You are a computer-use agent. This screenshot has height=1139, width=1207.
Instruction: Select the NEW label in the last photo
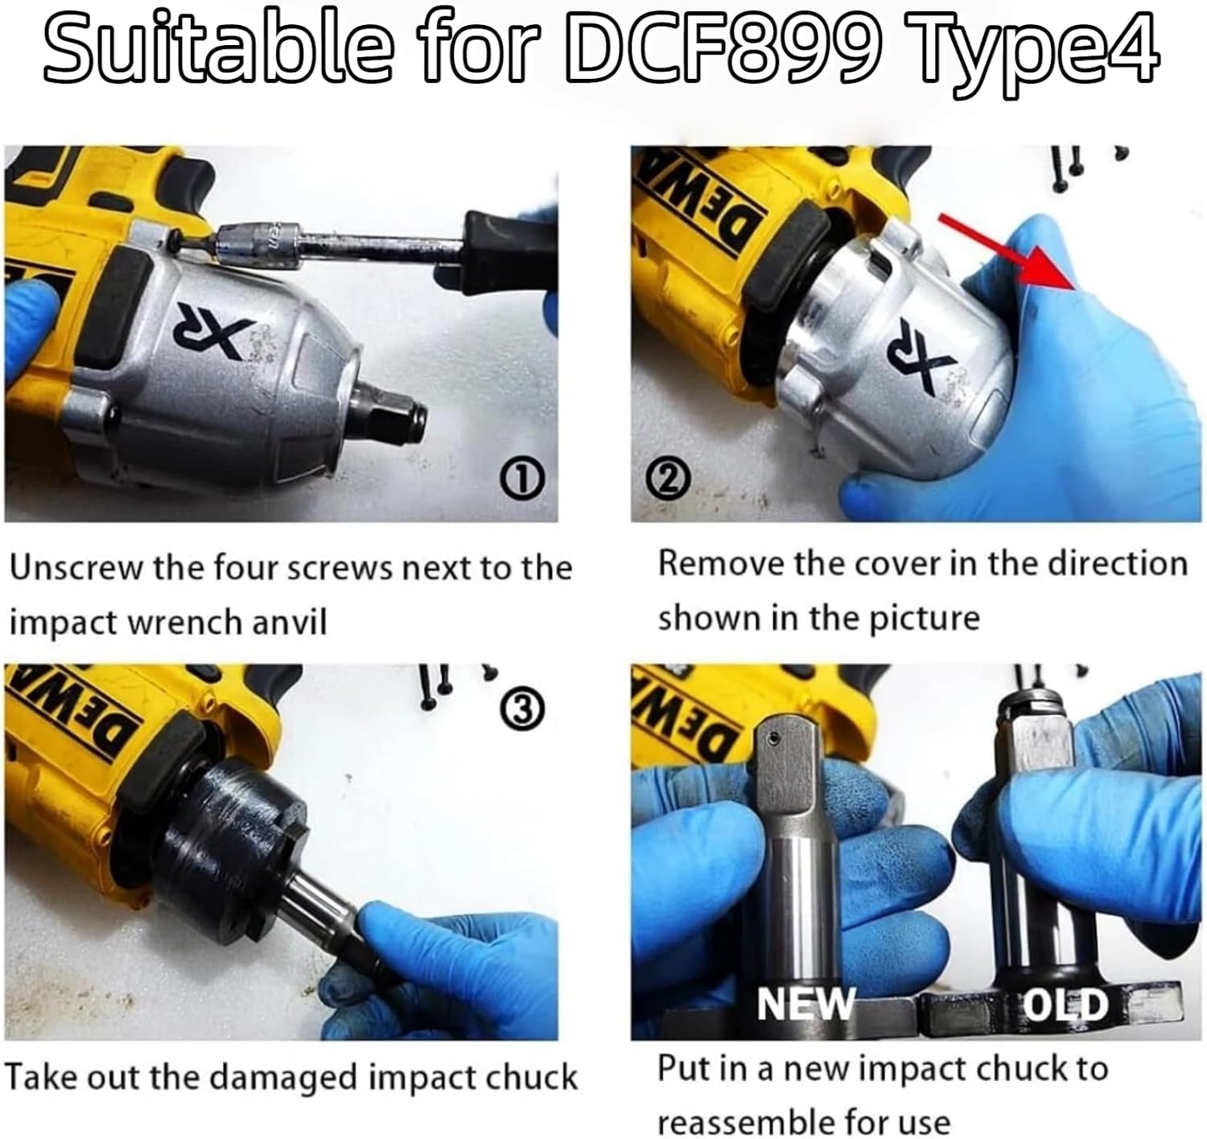(805, 1003)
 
